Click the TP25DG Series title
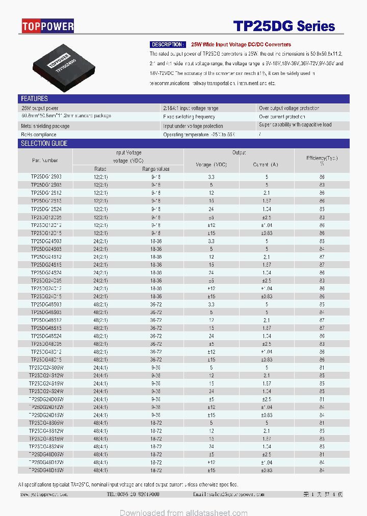pos(284,26)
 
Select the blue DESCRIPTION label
pos(168,45)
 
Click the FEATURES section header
pos(34,98)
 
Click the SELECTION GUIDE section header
pos(44,143)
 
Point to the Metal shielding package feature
pos(45,126)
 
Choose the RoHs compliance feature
pos(39,135)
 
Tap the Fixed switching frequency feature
pos(189,117)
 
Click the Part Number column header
pos(45,160)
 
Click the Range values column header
pos(156,169)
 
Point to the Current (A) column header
pos(266,165)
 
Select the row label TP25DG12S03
pos(46,177)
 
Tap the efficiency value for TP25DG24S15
pos(322,265)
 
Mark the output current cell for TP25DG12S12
pos(266,193)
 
